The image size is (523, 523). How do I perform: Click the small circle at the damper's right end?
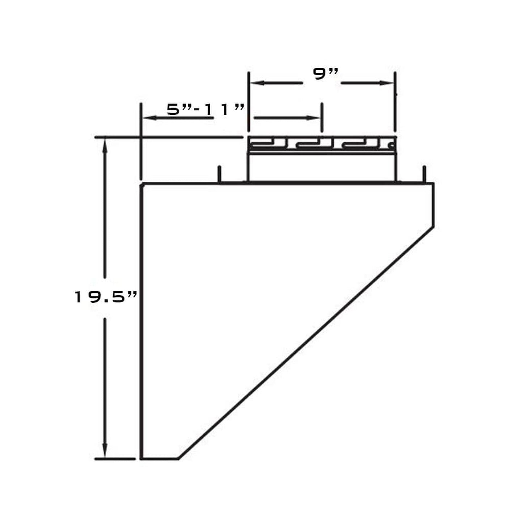click(391, 146)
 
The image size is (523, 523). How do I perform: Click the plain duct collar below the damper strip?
click(322, 167)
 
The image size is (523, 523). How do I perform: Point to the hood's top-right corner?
click(433, 184)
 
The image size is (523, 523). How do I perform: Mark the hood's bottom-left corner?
click(142, 459)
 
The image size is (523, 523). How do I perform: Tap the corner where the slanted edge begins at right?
click(433, 228)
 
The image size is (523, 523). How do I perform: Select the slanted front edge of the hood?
click(306, 343)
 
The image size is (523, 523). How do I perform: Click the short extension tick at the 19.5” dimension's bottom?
click(114, 459)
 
